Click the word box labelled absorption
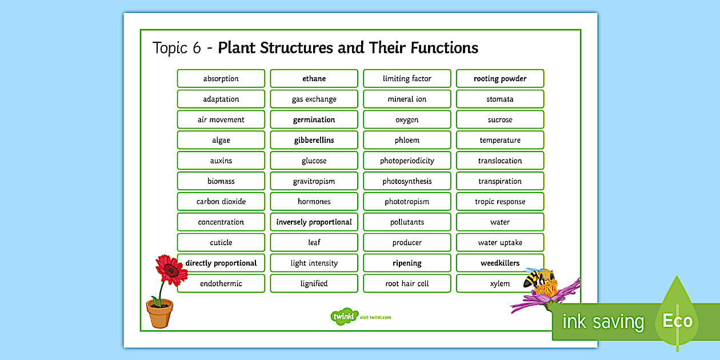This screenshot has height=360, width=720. click(221, 79)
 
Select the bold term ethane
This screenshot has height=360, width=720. click(314, 79)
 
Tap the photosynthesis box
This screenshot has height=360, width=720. click(407, 181)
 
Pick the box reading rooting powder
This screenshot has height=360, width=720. click(500, 79)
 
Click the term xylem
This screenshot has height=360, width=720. click(500, 283)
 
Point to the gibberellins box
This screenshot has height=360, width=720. click(314, 140)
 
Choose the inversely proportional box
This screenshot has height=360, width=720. click(314, 222)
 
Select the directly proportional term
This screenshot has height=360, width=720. click(221, 263)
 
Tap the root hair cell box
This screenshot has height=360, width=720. click(407, 283)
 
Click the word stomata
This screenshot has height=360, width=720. click(500, 99)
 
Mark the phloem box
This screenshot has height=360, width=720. click(407, 140)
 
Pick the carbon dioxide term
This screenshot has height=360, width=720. click(221, 202)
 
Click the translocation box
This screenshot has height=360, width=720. click(500, 161)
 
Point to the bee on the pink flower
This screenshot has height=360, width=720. click(539, 279)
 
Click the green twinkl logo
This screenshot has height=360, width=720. click(344, 317)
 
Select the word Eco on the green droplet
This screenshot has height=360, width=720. click(677, 321)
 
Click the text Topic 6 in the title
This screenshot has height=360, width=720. click(177, 47)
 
